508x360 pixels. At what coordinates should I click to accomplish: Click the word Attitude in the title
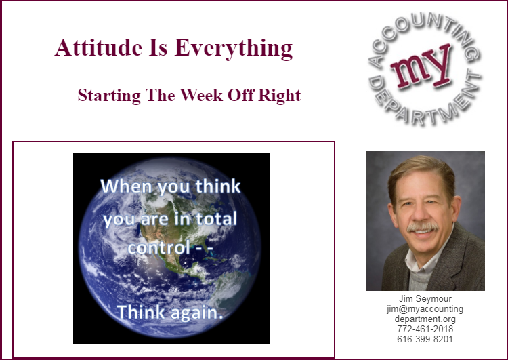pyautogui.click(x=98, y=47)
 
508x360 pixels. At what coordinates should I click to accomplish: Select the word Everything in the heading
pyautogui.click(x=234, y=49)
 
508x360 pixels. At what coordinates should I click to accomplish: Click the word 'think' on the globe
pyautogui.click(x=217, y=186)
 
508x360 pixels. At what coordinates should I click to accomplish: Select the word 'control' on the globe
pyautogui.click(x=158, y=247)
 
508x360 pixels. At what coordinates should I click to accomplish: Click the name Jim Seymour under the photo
pyautogui.click(x=425, y=298)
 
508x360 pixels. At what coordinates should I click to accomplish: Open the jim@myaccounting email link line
pyautogui.click(x=425, y=309)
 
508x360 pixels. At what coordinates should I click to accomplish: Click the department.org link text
pyautogui.click(x=425, y=319)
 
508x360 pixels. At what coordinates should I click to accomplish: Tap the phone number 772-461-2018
pyautogui.click(x=425, y=329)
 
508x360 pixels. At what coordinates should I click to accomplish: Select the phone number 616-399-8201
pyautogui.click(x=425, y=339)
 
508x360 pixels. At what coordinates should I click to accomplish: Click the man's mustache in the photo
pyautogui.click(x=422, y=227)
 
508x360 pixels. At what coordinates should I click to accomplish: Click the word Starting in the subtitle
pyautogui.click(x=109, y=96)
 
